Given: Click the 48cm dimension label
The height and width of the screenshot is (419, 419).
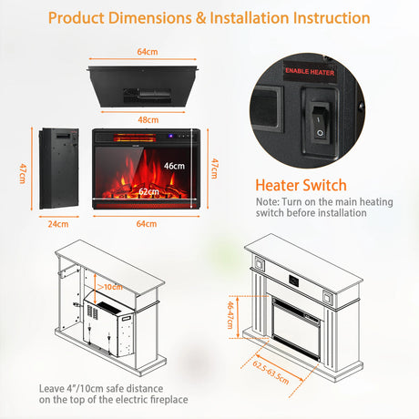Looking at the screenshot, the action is click(x=148, y=120).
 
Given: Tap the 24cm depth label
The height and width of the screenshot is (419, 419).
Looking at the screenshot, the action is click(x=58, y=224).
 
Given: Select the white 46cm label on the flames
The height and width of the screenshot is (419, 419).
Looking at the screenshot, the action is click(x=174, y=166).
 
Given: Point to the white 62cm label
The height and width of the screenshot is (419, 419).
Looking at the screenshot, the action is click(x=148, y=191).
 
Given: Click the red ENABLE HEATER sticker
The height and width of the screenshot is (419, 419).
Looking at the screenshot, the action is click(x=310, y=72).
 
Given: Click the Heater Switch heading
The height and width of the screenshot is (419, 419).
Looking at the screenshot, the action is click(x=301, y=185).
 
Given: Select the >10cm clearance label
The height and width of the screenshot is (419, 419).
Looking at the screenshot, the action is click(x=110, y=287).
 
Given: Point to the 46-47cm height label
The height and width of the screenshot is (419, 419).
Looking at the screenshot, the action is click(x=231, y=315).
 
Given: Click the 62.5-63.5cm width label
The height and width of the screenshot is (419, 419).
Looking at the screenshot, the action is click(x=271, y=373).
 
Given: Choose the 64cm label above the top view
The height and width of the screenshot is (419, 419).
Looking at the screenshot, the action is click(x=148, y=52).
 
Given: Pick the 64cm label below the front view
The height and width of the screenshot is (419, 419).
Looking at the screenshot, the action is click(x=147, y=224).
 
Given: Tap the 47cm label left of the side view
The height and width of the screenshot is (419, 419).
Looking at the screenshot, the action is click(x=23, y=173).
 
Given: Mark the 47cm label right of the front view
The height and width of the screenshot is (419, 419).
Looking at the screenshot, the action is click(x=214, y=169).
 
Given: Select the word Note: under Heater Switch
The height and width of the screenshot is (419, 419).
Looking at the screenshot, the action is click(x=268, y=202).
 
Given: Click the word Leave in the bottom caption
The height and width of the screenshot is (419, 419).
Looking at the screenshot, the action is click(x=52, y=389).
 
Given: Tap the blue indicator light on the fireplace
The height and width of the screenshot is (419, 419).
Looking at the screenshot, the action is click(x=170, y=136).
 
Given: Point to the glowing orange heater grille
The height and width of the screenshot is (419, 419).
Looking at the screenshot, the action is click(x=135, y=138).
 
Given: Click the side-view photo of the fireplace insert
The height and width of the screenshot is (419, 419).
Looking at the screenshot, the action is click(x=59, y=169).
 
